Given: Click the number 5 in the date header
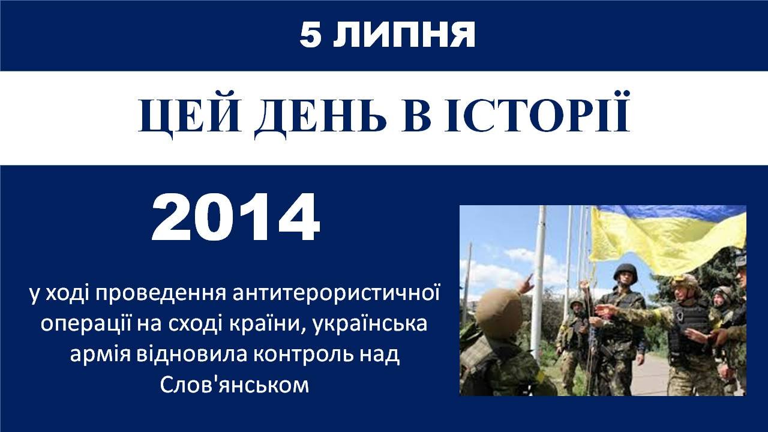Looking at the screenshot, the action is pos(311,35).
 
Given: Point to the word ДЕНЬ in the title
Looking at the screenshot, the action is pos(320,114).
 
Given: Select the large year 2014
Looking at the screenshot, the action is pos(236,217).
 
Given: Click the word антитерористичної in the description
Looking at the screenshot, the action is pos(336,294).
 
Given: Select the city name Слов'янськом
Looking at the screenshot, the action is pos(235,385).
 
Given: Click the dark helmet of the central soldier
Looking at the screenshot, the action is pos(625,271).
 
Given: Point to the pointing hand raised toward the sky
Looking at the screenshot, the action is pos(527,283).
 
